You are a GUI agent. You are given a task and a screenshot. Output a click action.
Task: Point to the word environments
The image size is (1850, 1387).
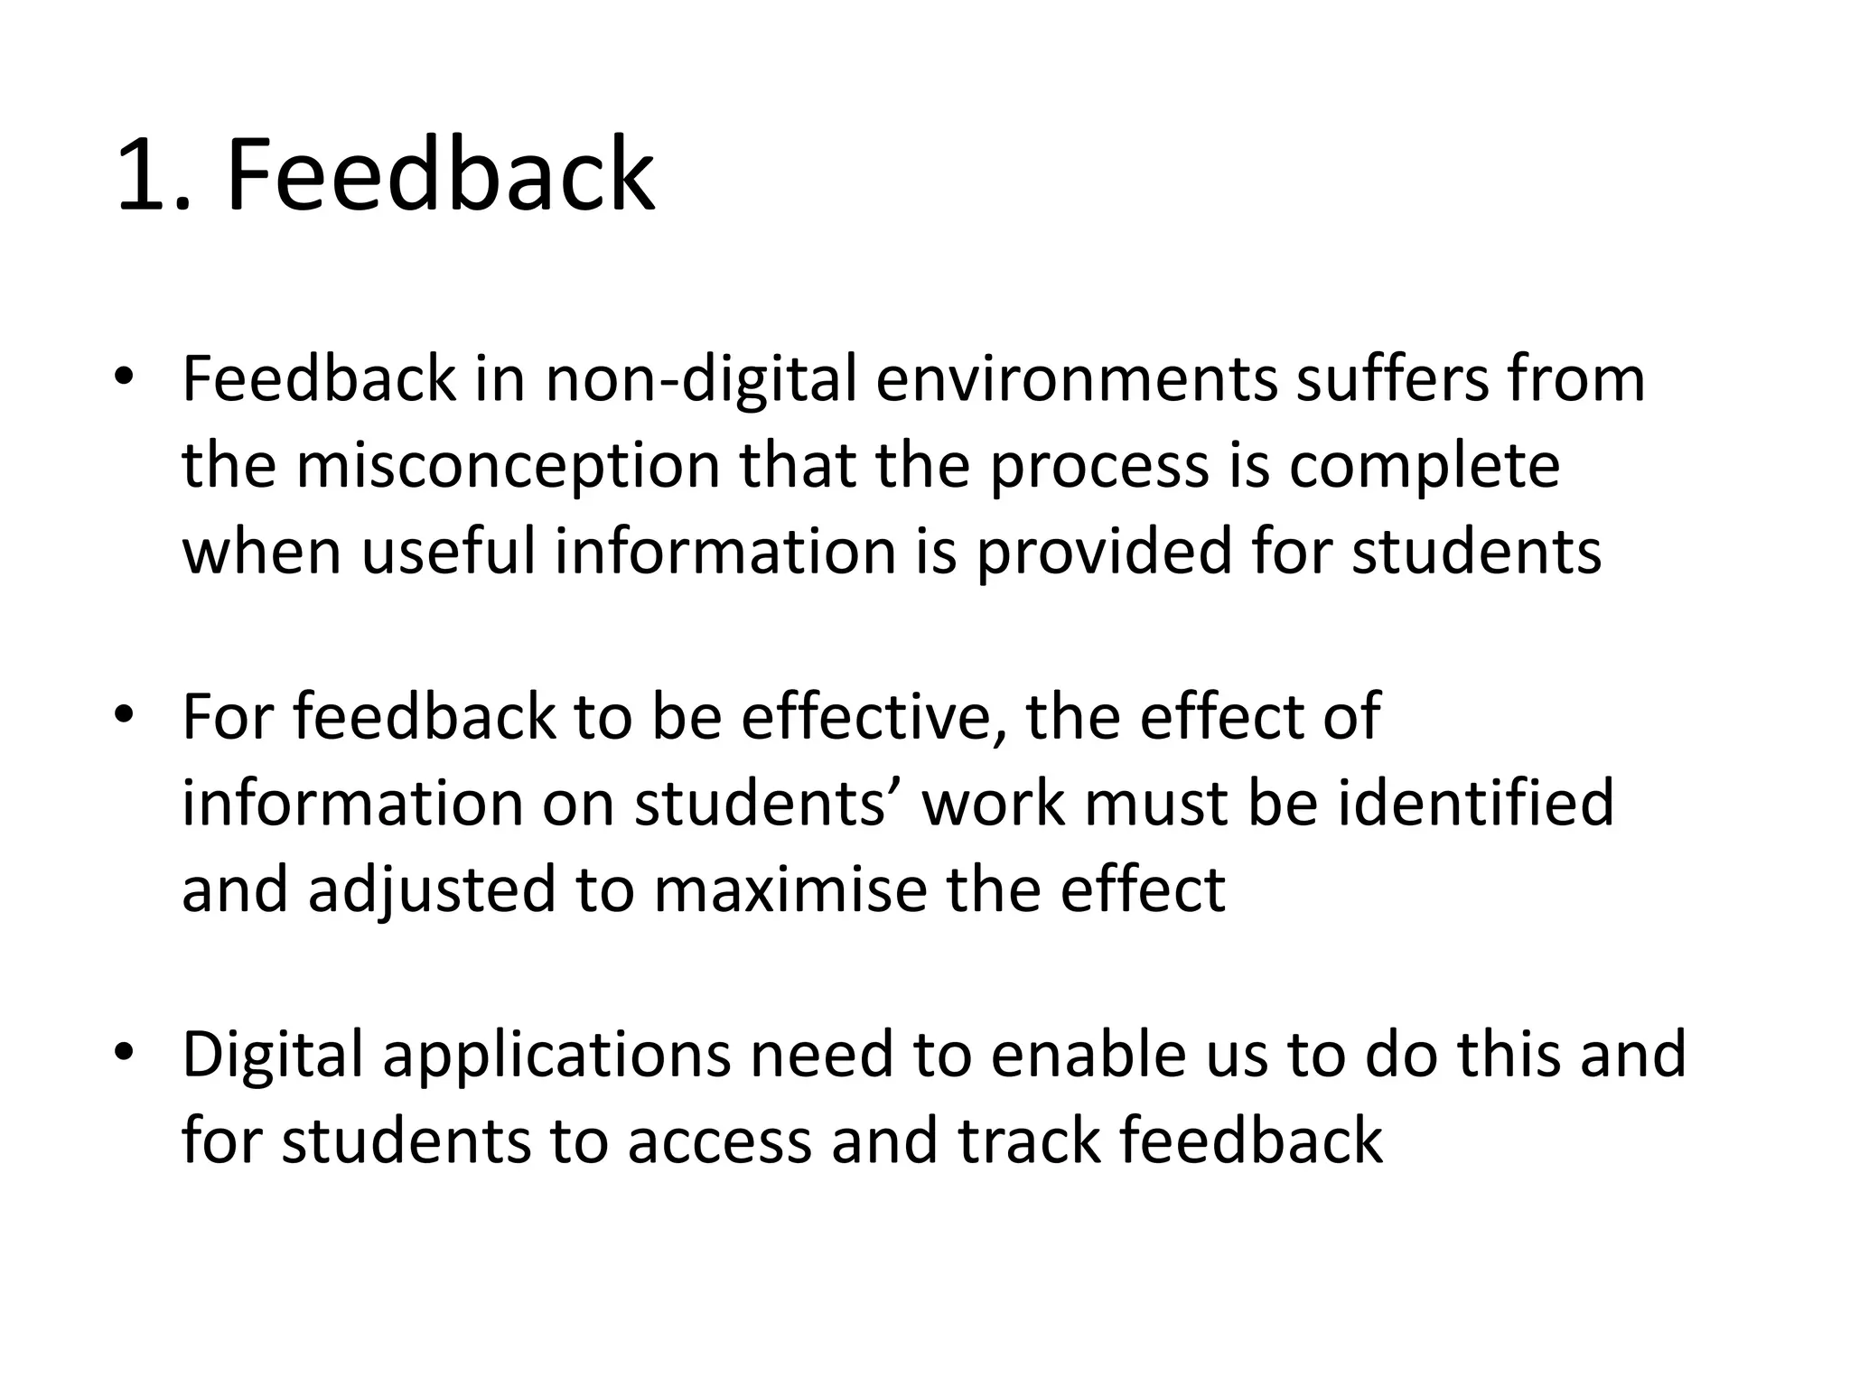(x=1077, y=379)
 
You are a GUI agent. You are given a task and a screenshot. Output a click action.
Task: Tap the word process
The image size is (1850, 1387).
(x=1099, y=468)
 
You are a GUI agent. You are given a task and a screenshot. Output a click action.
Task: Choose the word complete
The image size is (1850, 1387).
(x=1424, y=466)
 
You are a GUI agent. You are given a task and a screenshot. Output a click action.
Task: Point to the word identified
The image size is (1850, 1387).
(x=1475, y=802)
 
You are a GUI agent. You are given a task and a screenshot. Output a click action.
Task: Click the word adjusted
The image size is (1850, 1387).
(x=431, y=889)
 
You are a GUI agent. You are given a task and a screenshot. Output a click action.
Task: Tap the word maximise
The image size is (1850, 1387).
(x=790, y=889)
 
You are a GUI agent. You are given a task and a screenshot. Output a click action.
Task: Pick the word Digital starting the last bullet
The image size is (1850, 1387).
(x=273, y=1055)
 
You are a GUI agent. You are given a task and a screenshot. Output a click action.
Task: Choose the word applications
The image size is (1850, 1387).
(x=556, y=1055)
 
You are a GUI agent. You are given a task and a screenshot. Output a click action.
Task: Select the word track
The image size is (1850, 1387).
(x=1029, y=1140)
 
